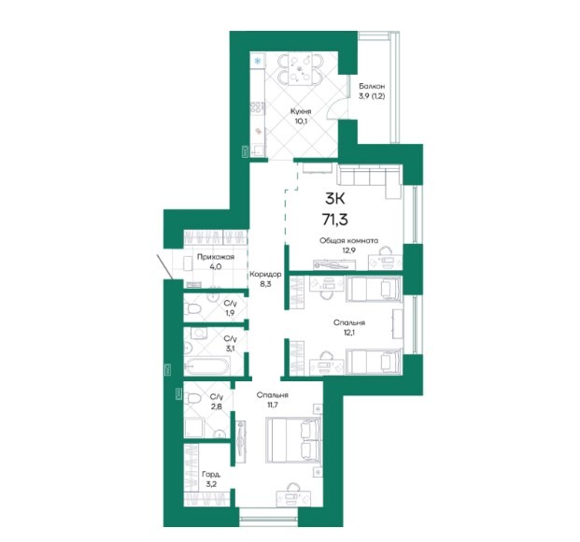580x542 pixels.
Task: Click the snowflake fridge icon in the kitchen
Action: click(258, 61)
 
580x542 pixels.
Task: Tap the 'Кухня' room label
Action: click(301, 111)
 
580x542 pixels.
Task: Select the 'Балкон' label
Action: click(372, 86)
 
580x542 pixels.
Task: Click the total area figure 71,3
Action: click(335, 220)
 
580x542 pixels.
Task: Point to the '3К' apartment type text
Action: click(334, 199)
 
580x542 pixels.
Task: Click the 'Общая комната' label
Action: click(348, 241)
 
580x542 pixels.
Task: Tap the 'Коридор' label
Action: click(265, 275)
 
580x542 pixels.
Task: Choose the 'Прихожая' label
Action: click(215, 257)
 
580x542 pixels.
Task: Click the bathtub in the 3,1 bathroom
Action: click(206, 365)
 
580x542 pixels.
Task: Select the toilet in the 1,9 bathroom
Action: click(192, 308)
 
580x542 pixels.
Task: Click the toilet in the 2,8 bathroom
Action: click(192, 399)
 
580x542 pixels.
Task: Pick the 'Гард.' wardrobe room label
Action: click(212, 475)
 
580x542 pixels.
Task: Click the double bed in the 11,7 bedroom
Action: click(293, 440)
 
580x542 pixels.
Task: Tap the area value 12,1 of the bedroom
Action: click(348, 332)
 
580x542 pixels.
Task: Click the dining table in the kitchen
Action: click(300, 69)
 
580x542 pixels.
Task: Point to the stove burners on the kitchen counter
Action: click(257, 107)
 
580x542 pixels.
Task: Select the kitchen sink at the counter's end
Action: click(258, 150)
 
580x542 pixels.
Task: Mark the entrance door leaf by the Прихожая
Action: click(163, 266)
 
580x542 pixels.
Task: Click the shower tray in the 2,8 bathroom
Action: click(193, 428)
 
